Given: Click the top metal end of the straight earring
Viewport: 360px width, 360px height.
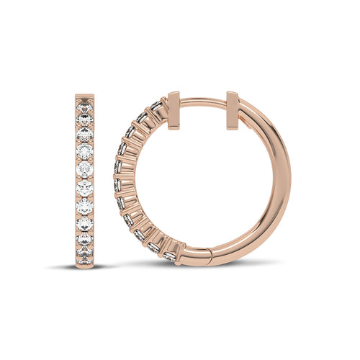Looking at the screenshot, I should pos(86,94).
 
